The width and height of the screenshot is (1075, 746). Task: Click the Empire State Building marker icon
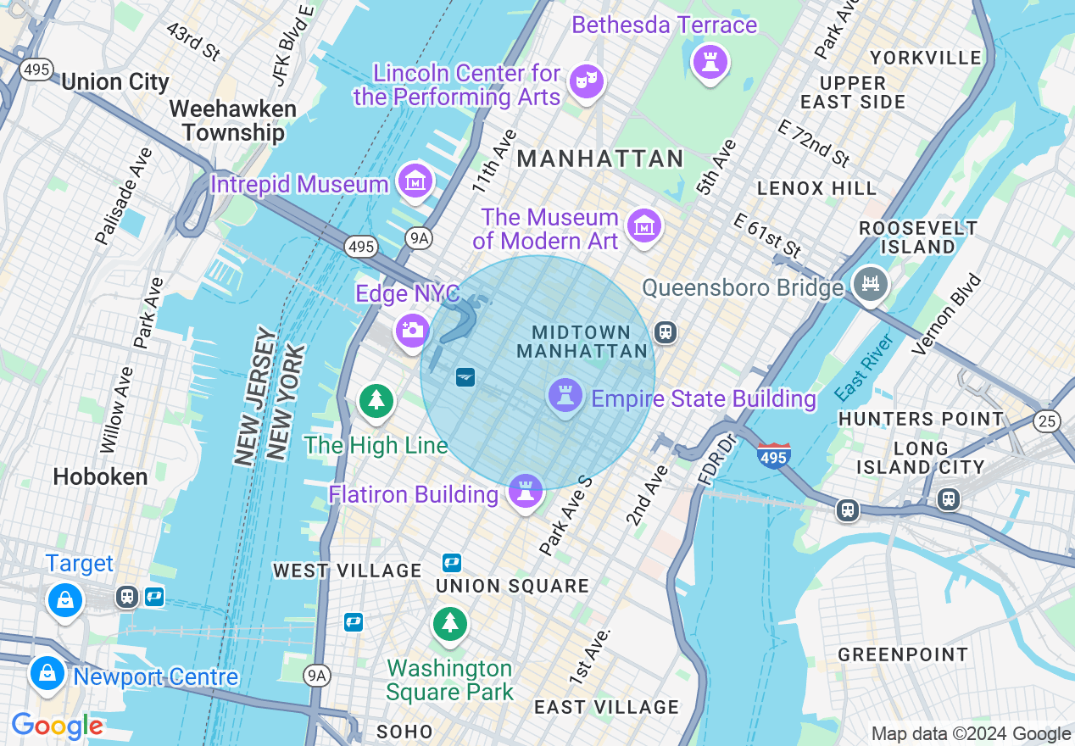click(x=565, y=394)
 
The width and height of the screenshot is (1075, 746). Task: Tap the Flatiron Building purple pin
click(x=525, y=490)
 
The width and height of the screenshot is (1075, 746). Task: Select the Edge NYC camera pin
click(x=412, y=330)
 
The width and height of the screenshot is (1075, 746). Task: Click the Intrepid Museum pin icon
click(x=416, y=181)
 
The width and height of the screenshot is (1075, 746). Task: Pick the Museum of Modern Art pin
click(x=644, y=225)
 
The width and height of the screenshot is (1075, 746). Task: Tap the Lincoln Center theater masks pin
click(x=586, y=81)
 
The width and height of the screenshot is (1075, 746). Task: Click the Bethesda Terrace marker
click(x=710, y=61)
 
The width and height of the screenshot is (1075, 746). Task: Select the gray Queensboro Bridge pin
click(x=870, y=283)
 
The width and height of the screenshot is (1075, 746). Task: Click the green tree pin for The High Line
click(x=376, y=399)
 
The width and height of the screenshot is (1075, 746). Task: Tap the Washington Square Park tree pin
click(x=449, y=624)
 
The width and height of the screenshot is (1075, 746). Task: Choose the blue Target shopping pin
click(x=64, y=600)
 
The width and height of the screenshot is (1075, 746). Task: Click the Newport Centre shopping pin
click(x=47, y=674)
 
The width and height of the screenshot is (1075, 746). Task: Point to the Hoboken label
click(x=100, y=477)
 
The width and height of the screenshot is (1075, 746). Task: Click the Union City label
click(x=115, y=82)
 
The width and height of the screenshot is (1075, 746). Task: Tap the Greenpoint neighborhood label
click(x=903, y=654)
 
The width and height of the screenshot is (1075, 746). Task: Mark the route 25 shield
click(x=1047, y=419)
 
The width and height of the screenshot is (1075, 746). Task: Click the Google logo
click(x=57, y=726)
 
